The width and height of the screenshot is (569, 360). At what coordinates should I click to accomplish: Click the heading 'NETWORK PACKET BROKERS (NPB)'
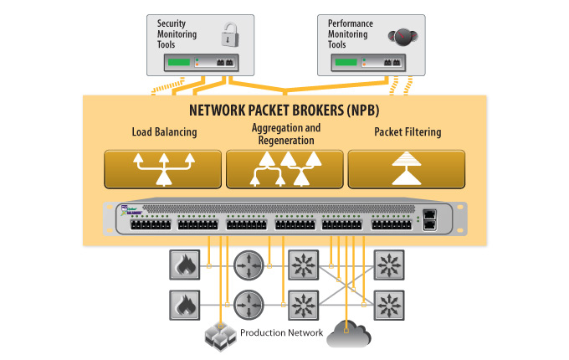tap(284, 111)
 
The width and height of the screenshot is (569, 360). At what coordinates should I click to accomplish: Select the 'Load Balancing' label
tap(164, 132)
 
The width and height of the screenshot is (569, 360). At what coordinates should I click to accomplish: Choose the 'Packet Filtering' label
tap(407, 132)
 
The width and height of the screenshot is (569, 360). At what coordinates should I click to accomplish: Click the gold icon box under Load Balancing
tap(163, 169)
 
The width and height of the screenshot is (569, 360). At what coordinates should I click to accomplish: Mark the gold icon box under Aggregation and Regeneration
tap(285, 169)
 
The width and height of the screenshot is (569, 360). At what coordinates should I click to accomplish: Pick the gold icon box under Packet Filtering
tap(407, 169)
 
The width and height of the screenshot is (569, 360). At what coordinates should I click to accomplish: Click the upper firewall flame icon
tap(183, 265)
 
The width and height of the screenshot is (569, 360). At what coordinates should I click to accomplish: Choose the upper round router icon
tap(249, 265)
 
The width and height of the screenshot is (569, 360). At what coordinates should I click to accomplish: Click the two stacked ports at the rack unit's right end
tap(430, 219)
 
